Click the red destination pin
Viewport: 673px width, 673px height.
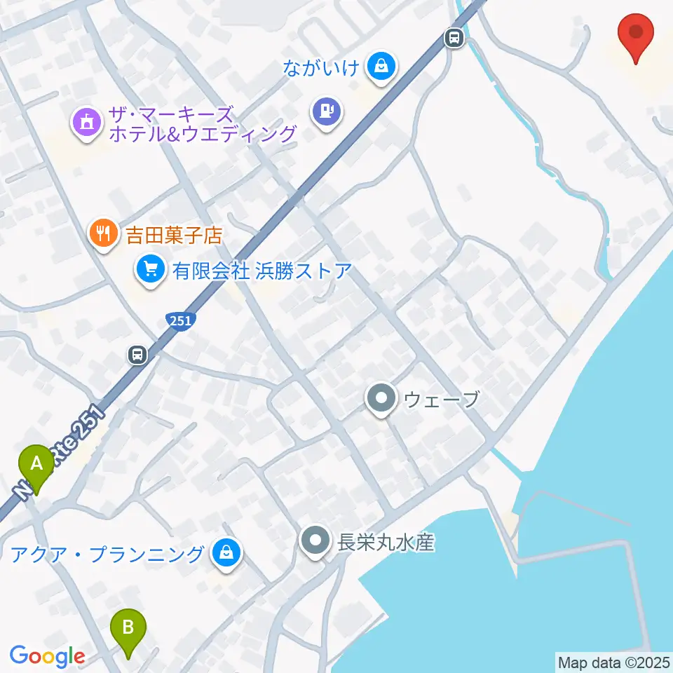[x=636, y=33]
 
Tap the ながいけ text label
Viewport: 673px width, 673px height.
[x=322, y=68]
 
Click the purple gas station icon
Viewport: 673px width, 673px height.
[x=327, y=110]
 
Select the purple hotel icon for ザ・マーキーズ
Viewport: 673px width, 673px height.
[x=87, y=121]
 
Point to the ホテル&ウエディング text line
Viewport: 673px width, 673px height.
[x=203, y=133]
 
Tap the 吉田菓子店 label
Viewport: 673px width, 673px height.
[x=174, y=234]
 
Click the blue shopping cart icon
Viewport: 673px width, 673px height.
[x=149, y=268]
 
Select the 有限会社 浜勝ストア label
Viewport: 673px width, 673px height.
[x=262, y=270]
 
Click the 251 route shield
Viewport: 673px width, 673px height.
[x=181, y=320]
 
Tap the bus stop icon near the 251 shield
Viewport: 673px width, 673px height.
[x=137, y=355]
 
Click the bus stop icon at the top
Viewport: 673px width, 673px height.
[x=454, y=37]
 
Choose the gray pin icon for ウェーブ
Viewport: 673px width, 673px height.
[x=381, y=399]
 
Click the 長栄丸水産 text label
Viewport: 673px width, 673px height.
[x=386, y=542]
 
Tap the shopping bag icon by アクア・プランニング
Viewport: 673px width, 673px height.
[x=226, y=553]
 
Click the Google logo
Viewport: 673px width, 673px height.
[x=47, y=657]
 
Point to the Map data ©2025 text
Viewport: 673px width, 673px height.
[x=613, y=662]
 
